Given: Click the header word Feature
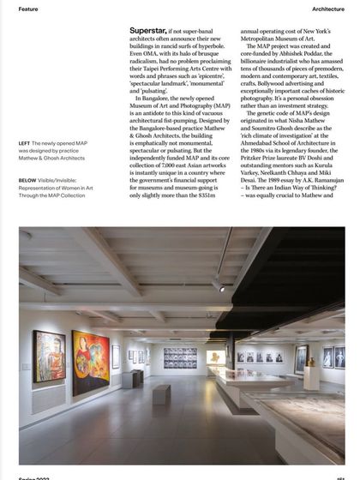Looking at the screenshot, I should pyautogui.click(x=27, y=9).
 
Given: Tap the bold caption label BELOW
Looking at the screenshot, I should pyautogui.click(x=28, y=180).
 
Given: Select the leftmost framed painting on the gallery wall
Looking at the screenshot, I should pyautogui.click(x=49, y=355).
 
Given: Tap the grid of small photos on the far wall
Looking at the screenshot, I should pyautogui.click(x=179, y=357).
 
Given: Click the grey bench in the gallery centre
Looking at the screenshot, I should pyautogui.click(x=162, y=393).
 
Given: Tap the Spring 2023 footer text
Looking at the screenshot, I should pyautogui.click(x=33, y=477).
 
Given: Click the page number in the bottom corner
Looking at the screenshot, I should pyautogui.click(x=340, y=477).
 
